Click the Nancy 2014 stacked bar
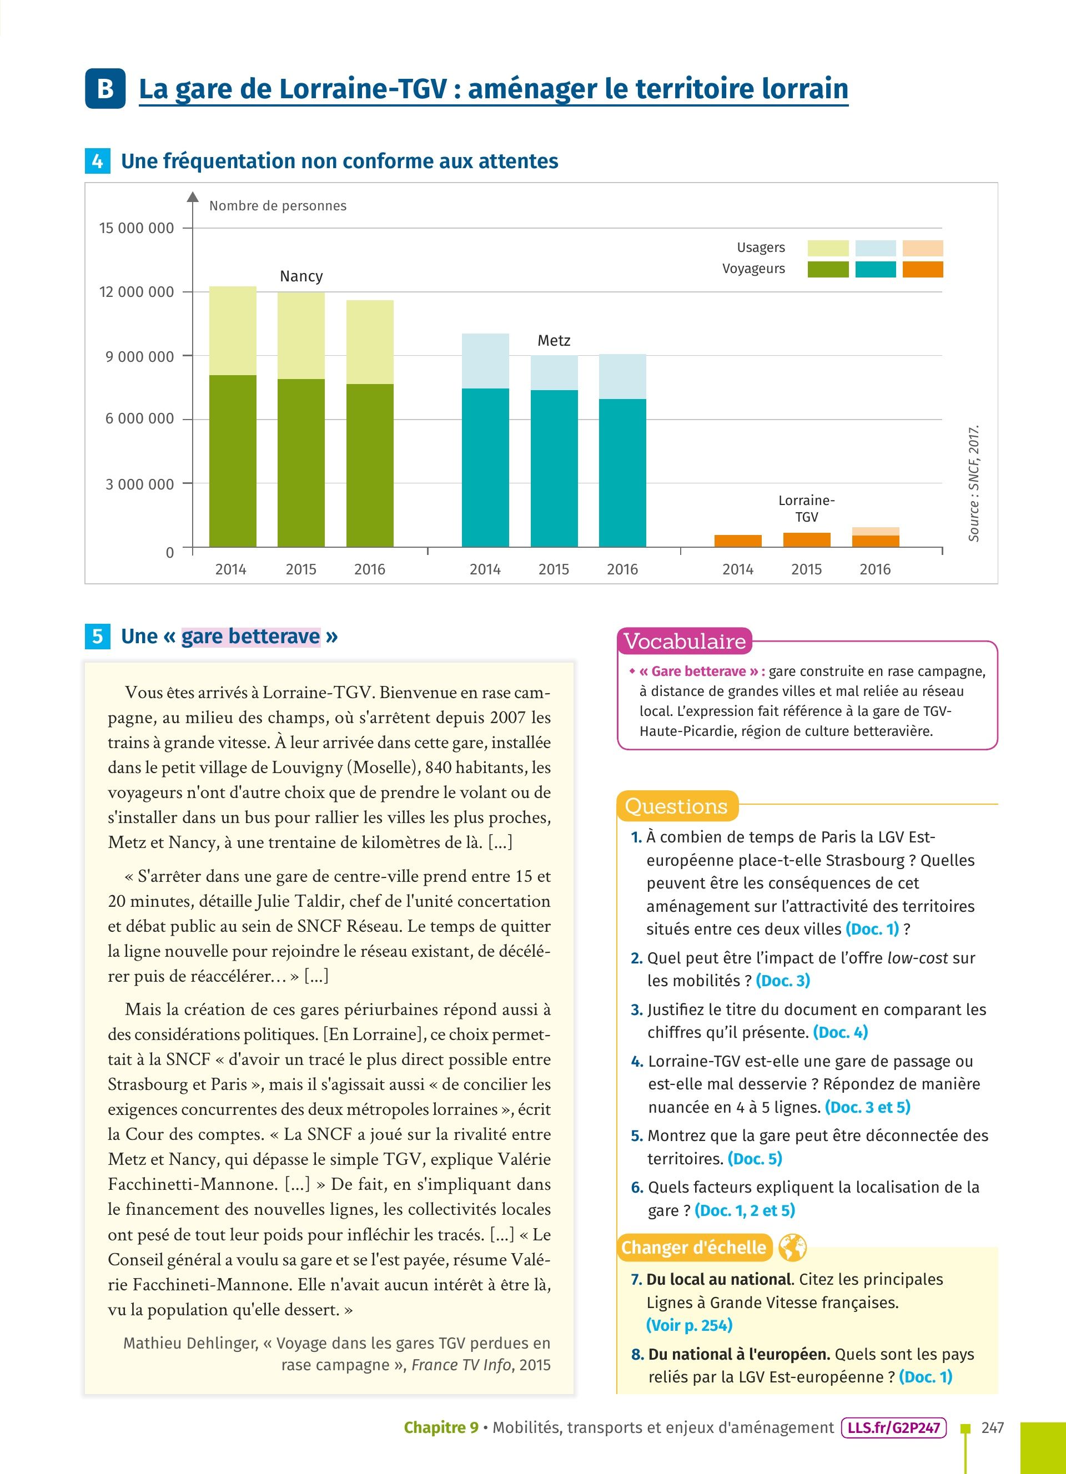(x=233, y=416)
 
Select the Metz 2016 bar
(x=622, y=451)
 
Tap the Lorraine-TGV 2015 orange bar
(x=807, y=539)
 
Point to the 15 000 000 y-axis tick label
(x=137, y=228)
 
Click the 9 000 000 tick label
(x=140, y=356)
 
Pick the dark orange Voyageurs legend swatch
(x=922, y=269)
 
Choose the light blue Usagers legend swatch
(x=875, y=248)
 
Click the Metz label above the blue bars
(x=554, y=341)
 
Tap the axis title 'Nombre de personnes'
(x=278, y=206)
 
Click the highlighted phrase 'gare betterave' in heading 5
(x=251, y=635)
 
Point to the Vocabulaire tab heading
(x=685, y=642)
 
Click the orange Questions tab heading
(x=676, y=806)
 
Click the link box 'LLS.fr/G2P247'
(x=893, y=1428)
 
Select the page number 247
(x=993, y=1428)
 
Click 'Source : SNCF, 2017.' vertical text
(x=973, y=483)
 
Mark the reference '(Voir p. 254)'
(x=689, y=1325)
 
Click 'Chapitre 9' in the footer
(x=441, y=1428)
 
